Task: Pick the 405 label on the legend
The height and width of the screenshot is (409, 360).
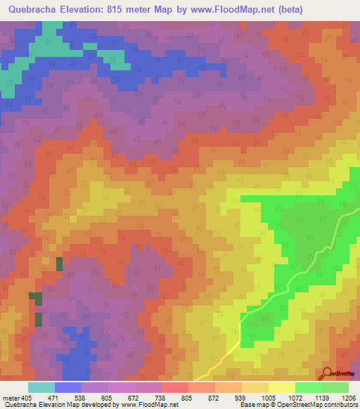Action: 27,396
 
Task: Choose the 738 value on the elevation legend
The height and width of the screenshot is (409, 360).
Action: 148,396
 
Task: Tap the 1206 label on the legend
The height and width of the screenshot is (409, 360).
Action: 349,396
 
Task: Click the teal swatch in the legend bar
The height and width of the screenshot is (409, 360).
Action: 41,387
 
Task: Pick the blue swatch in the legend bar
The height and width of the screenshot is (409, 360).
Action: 68,387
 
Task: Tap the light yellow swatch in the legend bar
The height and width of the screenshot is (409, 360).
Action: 281,387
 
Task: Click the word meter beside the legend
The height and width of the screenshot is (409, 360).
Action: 11,396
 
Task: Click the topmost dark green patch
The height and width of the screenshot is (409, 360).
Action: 59,264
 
